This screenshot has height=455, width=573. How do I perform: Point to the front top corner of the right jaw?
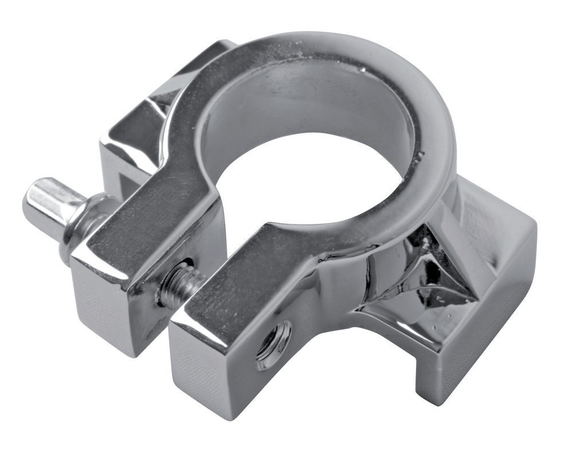point(175,323)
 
